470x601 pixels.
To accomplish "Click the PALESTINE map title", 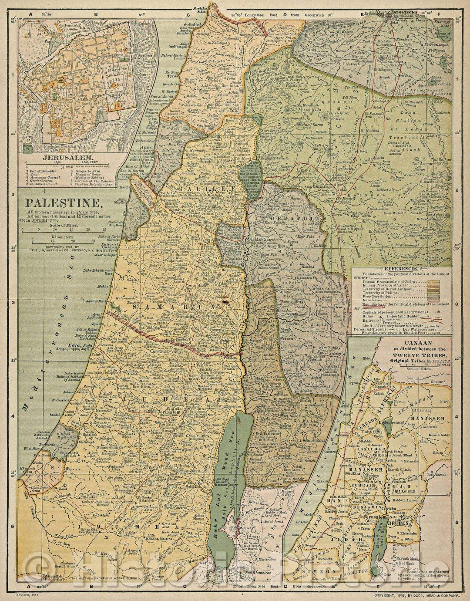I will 63,203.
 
